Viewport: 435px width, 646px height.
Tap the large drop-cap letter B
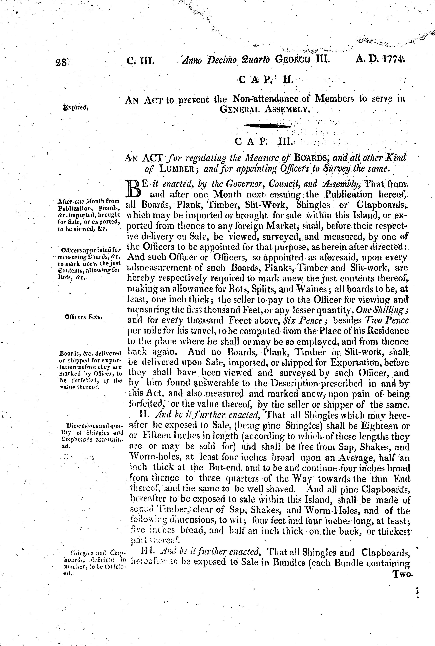(134, 188)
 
